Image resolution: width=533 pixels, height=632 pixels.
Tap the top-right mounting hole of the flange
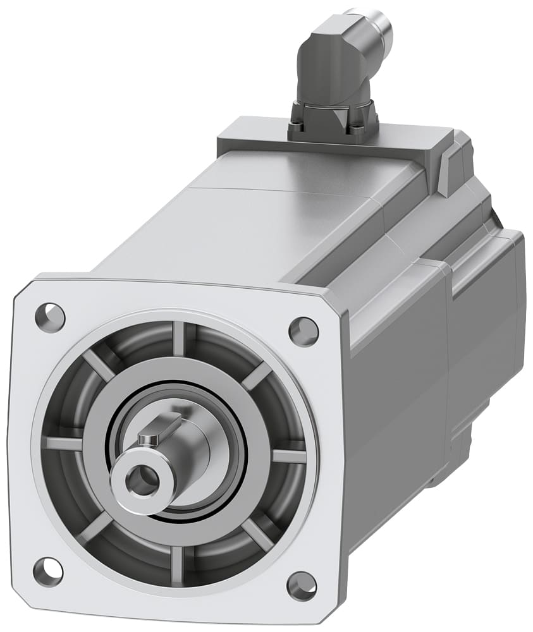[303, 329]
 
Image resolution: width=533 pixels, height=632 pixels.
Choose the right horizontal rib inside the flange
[289, 456]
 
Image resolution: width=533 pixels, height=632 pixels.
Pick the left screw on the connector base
[297, 130]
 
